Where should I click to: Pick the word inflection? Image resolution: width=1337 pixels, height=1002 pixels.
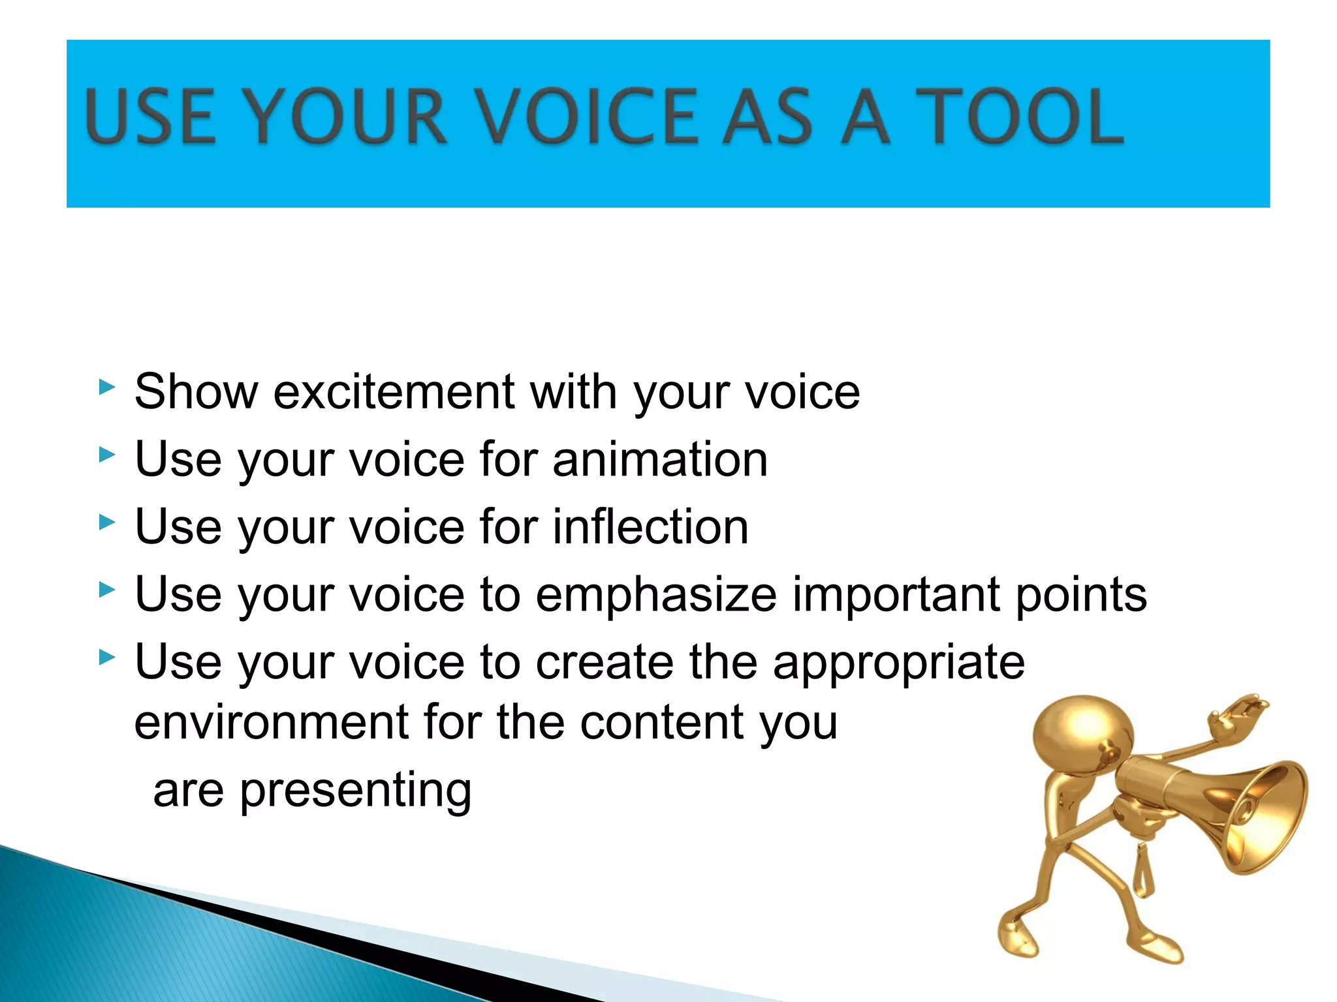[650, 526]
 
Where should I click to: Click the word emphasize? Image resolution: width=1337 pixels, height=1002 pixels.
[656, 595]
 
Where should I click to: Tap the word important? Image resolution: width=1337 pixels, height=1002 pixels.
[896, 595]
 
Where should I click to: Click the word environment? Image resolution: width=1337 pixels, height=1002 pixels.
[271, 722]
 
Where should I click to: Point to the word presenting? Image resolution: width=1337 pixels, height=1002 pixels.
[356, 791]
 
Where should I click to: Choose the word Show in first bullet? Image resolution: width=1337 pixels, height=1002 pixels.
[196, 392]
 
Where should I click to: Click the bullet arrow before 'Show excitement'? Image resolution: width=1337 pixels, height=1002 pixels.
[106, 387]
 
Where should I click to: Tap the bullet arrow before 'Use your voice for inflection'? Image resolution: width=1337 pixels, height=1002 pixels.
[106, 522]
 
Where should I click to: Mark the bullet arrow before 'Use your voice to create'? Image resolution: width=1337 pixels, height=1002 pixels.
[106, 657]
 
